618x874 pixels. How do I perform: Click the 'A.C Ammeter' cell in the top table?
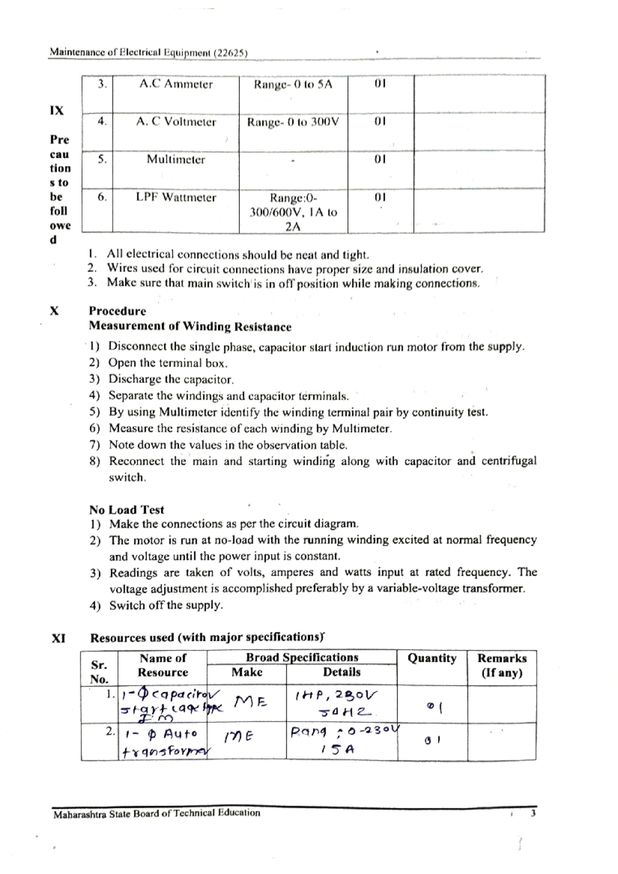click(176, 84)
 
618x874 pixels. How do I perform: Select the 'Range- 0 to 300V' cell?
click(293, 123)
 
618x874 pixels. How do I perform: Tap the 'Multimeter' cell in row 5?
click(176, 160)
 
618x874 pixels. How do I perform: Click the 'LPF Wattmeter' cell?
click(176, 198)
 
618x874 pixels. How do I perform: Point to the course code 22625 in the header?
click(230, 53)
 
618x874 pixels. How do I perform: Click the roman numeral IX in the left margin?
click(57, 111)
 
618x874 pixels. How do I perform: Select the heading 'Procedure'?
click(117, 311)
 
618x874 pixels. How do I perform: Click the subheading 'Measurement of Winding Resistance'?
click(190, 327)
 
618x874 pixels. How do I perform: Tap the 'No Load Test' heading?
click(126, 510)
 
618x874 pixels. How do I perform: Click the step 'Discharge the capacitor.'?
click(170, 380)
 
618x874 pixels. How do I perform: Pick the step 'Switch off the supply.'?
click(166, 605)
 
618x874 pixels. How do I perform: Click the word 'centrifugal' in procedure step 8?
click(508, 461)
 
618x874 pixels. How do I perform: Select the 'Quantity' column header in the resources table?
click(432, 659)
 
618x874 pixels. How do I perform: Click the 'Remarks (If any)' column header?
click(501, 665)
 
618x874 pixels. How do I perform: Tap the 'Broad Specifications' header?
click(302, 658)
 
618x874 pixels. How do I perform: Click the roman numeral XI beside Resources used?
click(58, 638)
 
